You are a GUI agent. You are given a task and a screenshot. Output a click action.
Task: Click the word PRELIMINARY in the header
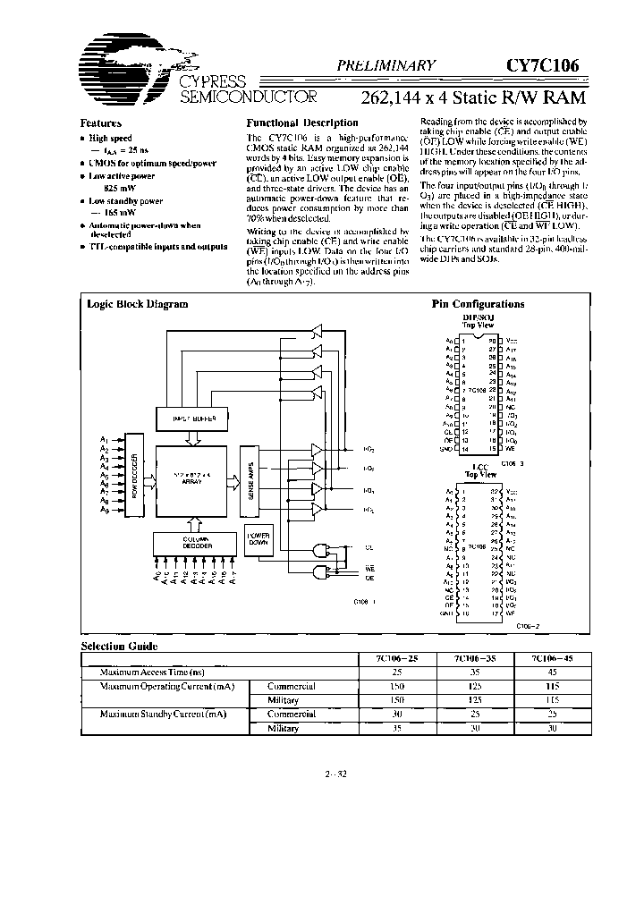(386, 64)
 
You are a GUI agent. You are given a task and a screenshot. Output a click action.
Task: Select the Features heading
(100, 123)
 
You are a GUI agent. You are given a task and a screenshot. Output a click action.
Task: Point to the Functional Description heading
(302, 123)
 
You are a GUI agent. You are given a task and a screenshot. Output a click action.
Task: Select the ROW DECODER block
(134, 475)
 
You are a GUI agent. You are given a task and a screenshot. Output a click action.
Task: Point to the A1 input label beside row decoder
(106, 439)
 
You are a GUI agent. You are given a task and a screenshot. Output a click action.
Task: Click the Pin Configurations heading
(478, 304)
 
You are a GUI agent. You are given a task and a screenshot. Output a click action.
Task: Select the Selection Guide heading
(120, 646)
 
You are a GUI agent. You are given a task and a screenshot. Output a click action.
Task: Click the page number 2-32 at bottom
(336, 774)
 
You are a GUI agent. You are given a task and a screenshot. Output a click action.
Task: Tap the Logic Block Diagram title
(138, 304)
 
